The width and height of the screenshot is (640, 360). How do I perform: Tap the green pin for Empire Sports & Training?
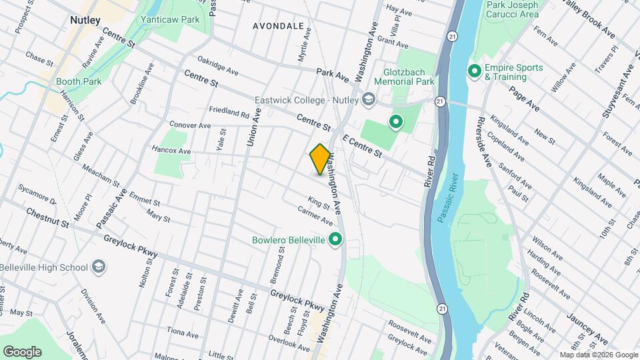(x=475, y=71)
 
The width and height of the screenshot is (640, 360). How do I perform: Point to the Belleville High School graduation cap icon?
(x=99, y=267)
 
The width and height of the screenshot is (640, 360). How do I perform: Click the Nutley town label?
(x=85, y=21)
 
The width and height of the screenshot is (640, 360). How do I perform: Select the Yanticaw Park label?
(x=170, y=20)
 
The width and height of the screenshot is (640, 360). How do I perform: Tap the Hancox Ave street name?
(x=171, y=151)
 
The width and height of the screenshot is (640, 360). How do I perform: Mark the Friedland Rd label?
(x=229, y=113)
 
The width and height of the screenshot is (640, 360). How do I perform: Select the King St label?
(x=319, y=201)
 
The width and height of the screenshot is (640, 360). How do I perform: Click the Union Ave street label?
(x=254, y=128)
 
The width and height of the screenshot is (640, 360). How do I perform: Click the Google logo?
(x=22, y=352)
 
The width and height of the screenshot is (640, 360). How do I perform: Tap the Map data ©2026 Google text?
(x=598, y=355)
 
